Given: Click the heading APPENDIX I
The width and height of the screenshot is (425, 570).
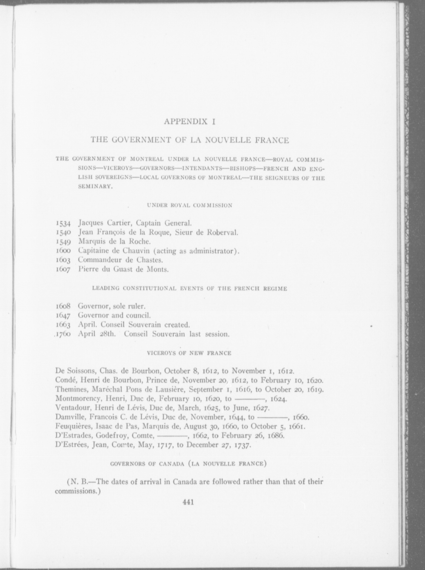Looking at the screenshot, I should coord(189,121).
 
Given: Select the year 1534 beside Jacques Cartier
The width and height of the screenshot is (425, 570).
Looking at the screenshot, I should coord(63,224).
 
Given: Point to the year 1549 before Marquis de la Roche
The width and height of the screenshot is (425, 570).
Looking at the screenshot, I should coord(63,242).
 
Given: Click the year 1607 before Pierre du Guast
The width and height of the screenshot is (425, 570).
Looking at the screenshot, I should coord(63,269).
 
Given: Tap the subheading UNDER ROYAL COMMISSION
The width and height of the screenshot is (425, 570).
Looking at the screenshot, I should coord(190,205).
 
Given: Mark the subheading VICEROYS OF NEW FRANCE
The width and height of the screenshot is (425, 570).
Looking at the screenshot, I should coord(189,353).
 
